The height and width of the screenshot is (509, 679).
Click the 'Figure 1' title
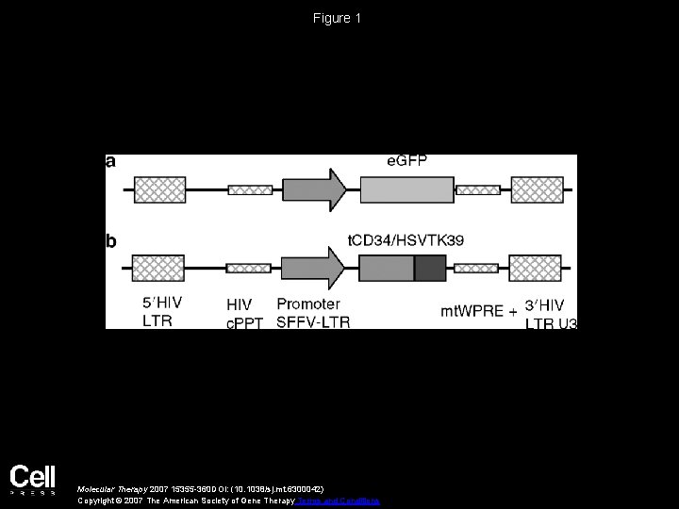point(339,18)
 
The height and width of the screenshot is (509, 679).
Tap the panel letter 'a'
point(111,161)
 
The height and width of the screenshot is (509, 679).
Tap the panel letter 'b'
point(111,241)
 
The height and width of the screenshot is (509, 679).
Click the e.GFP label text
point(407,161)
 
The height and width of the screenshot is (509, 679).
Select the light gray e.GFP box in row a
point(406,189)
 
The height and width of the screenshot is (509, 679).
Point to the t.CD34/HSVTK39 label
point(406,241)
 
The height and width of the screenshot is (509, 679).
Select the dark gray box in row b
point(430,268)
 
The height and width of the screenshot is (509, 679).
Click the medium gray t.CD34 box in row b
point(387,268)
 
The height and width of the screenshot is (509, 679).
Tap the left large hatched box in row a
point(160,189)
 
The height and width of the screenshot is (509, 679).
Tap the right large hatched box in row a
point(536,189)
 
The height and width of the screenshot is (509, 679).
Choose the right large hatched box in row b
point(535,268)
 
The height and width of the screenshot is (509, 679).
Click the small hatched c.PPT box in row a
point(250,189)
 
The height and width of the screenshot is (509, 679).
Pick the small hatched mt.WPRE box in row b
point(476,268)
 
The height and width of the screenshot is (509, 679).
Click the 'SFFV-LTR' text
point(313,322)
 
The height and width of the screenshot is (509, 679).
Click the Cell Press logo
point(33,480)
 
